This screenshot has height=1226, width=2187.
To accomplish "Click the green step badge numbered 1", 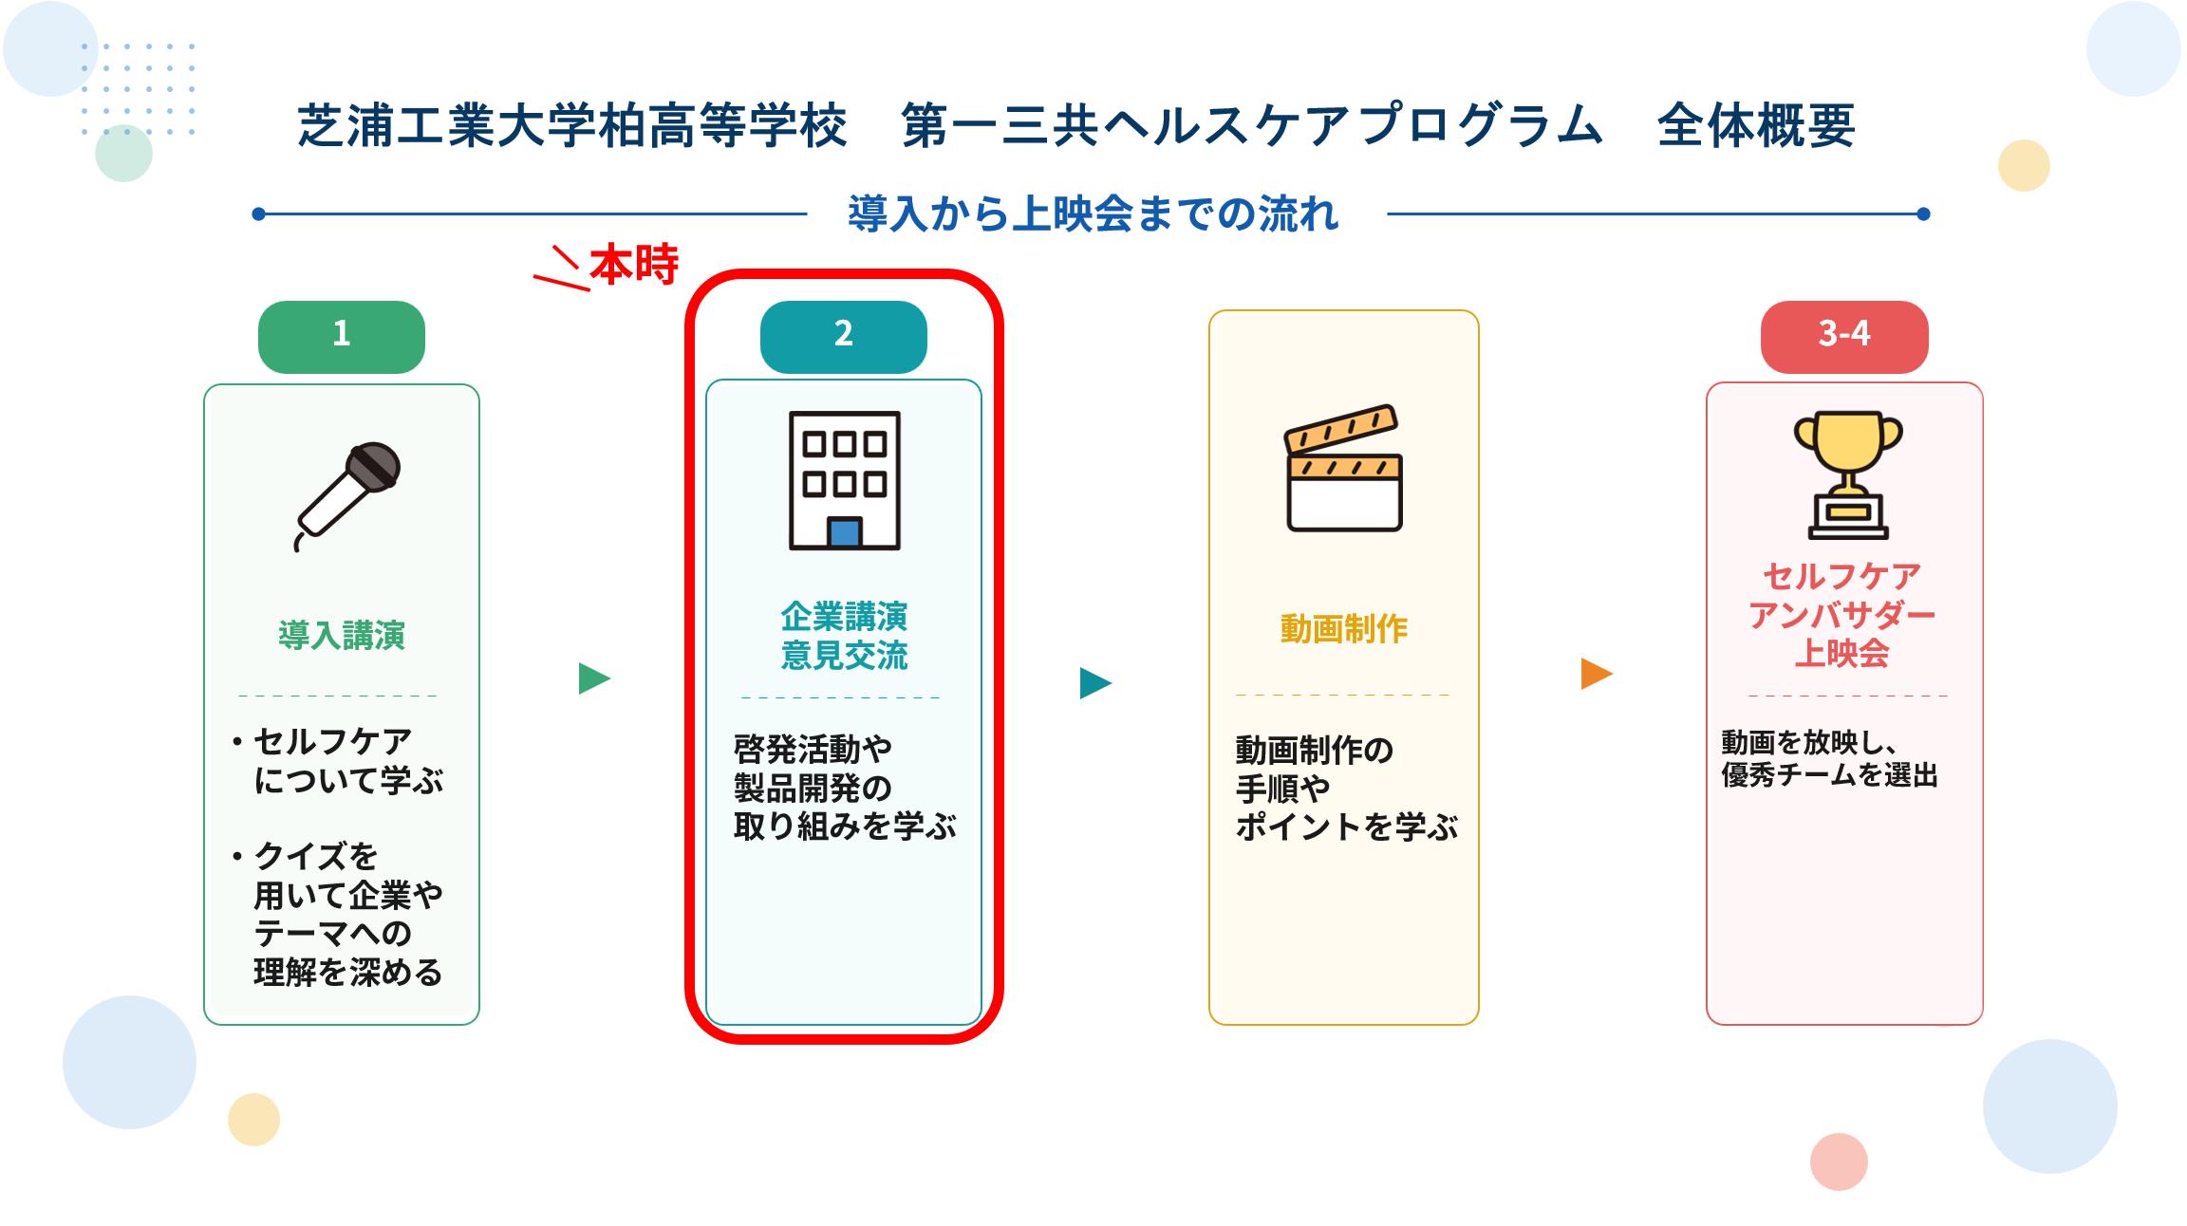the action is pyautogui.click(x=342, y=337).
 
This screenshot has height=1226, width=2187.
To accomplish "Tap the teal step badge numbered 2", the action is pyautogui.click(x=844, y=337).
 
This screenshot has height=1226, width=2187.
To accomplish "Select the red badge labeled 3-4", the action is pyautogui.click(x=1844, y=337).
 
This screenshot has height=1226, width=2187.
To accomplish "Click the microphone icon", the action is pyautogui.click(x=347, y=495).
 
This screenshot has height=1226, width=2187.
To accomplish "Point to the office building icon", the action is pyautogui.click(x=845, y=480).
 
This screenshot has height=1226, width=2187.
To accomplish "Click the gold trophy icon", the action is pyautogui.click(x=1848, y=474).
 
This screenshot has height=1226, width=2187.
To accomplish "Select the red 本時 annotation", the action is pyautogui.click(x=634, y=264).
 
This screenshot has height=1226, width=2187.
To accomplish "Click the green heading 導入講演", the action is pyautogui.click(x=342, y=635).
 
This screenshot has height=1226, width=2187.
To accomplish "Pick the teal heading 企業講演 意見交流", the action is pyautogui.click(x=844, y=636).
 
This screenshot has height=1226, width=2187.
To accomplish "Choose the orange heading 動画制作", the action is pyautogui.click(x=1344, y=628).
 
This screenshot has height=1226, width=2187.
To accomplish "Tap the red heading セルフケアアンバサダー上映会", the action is pyautogui.click(x=1841, y=614).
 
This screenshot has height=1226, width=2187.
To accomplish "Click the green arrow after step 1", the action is pyautogui.click(x=594, y=678).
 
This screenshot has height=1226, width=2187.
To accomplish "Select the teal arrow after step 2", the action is pyautogui.click(x=1095, y=682).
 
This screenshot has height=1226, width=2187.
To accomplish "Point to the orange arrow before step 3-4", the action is pyautogui.click(x=1597, y=674).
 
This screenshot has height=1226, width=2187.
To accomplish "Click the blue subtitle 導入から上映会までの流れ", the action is pyautogui.click(x=1093, y=214).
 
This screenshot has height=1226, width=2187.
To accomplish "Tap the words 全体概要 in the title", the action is pyautogui.click(x=1756, y=125).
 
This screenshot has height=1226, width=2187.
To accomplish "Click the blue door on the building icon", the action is pyautogui.click(x=845, y=532).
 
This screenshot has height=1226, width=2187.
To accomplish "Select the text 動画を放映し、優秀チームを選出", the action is pyautogui.click(x=1829, y=758).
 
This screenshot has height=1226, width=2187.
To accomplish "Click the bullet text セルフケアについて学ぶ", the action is pyautogui.click(x=347, y=760).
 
